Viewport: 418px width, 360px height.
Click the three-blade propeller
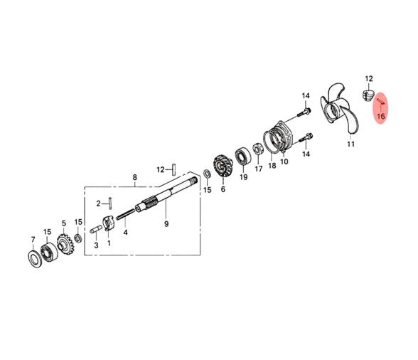point(338,110)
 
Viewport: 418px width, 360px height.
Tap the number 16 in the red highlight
point(381,117)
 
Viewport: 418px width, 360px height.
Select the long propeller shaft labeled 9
point(166,196)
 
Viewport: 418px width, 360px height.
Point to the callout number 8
point(134,177)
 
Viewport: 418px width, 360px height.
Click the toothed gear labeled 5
point(65,244)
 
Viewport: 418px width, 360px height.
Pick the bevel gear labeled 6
point(223,166)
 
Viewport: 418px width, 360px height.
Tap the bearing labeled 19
point(243,157)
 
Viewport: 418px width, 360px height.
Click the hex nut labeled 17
point(258,149)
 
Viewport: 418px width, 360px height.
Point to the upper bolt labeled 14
point(304,112)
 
